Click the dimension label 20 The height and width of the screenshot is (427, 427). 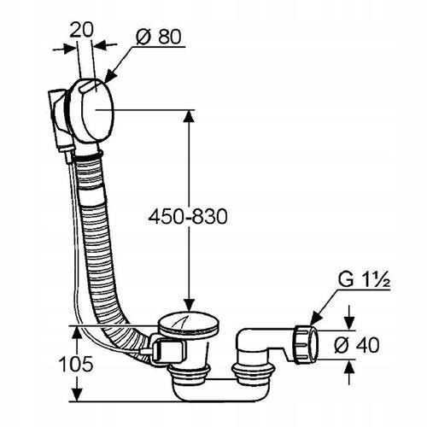[81, 30]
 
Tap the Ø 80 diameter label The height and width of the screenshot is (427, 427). [159, 37]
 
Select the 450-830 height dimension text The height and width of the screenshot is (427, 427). [188, 217]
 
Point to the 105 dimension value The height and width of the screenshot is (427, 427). [76, 364]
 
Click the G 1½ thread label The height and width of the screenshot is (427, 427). [364, 279]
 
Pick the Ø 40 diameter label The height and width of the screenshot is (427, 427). [357, 345]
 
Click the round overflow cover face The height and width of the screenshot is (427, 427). [97, 110]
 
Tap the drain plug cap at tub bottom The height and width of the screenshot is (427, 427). [189, 324]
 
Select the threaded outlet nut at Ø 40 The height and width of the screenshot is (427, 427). [305, 344]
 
